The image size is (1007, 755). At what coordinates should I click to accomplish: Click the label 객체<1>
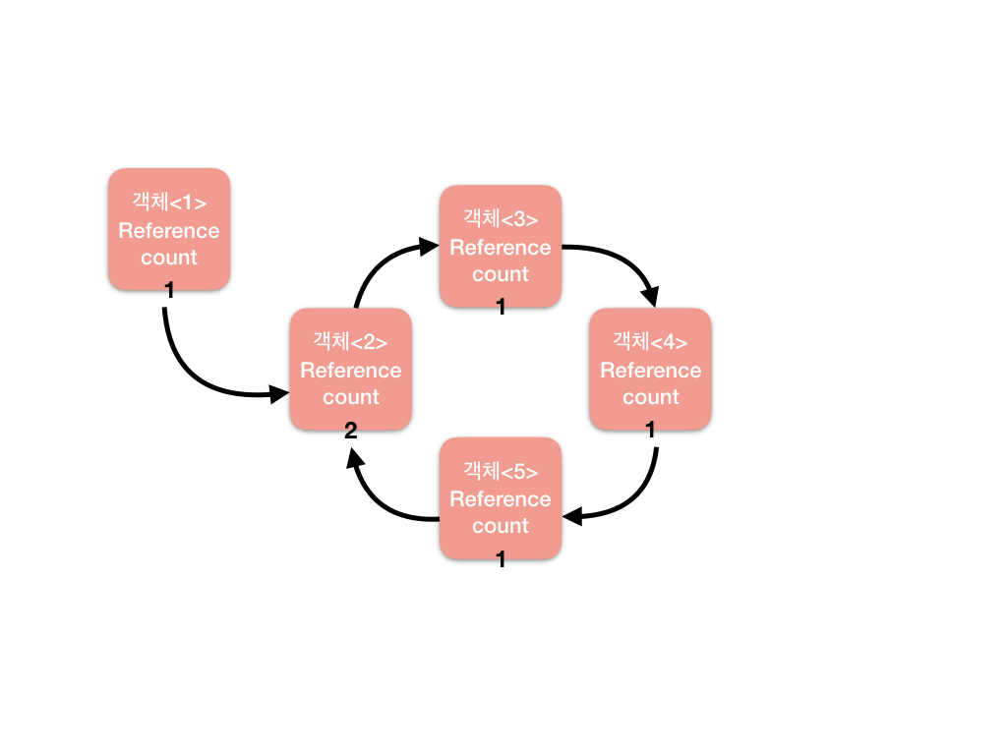tap(169, 203)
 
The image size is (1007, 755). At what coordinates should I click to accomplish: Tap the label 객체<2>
tap(350, 342)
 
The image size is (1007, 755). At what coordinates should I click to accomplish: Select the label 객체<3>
tap(501, 219)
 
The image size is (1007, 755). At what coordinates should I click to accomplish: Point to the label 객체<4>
tap(650, 342)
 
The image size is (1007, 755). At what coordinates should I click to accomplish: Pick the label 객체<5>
tap(501, 471)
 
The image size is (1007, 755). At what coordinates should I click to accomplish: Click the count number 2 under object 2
tap(350, 430)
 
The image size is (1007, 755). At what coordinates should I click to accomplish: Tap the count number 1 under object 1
tap(169, 290)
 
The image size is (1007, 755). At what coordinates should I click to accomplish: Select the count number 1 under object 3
tap(501, 307)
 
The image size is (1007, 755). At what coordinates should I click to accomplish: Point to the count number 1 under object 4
tap(650, 430)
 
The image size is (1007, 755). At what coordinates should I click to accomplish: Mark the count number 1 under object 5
tap(501, 559)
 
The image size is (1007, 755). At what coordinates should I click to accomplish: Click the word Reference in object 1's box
tap(169, 231)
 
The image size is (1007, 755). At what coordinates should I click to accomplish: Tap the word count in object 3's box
tap(501, 274)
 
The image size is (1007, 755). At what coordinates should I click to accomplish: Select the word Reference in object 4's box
tap(650, 371)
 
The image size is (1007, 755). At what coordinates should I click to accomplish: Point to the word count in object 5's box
tap(501, 526)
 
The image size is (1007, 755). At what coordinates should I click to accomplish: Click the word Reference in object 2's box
tap(350, 371)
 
